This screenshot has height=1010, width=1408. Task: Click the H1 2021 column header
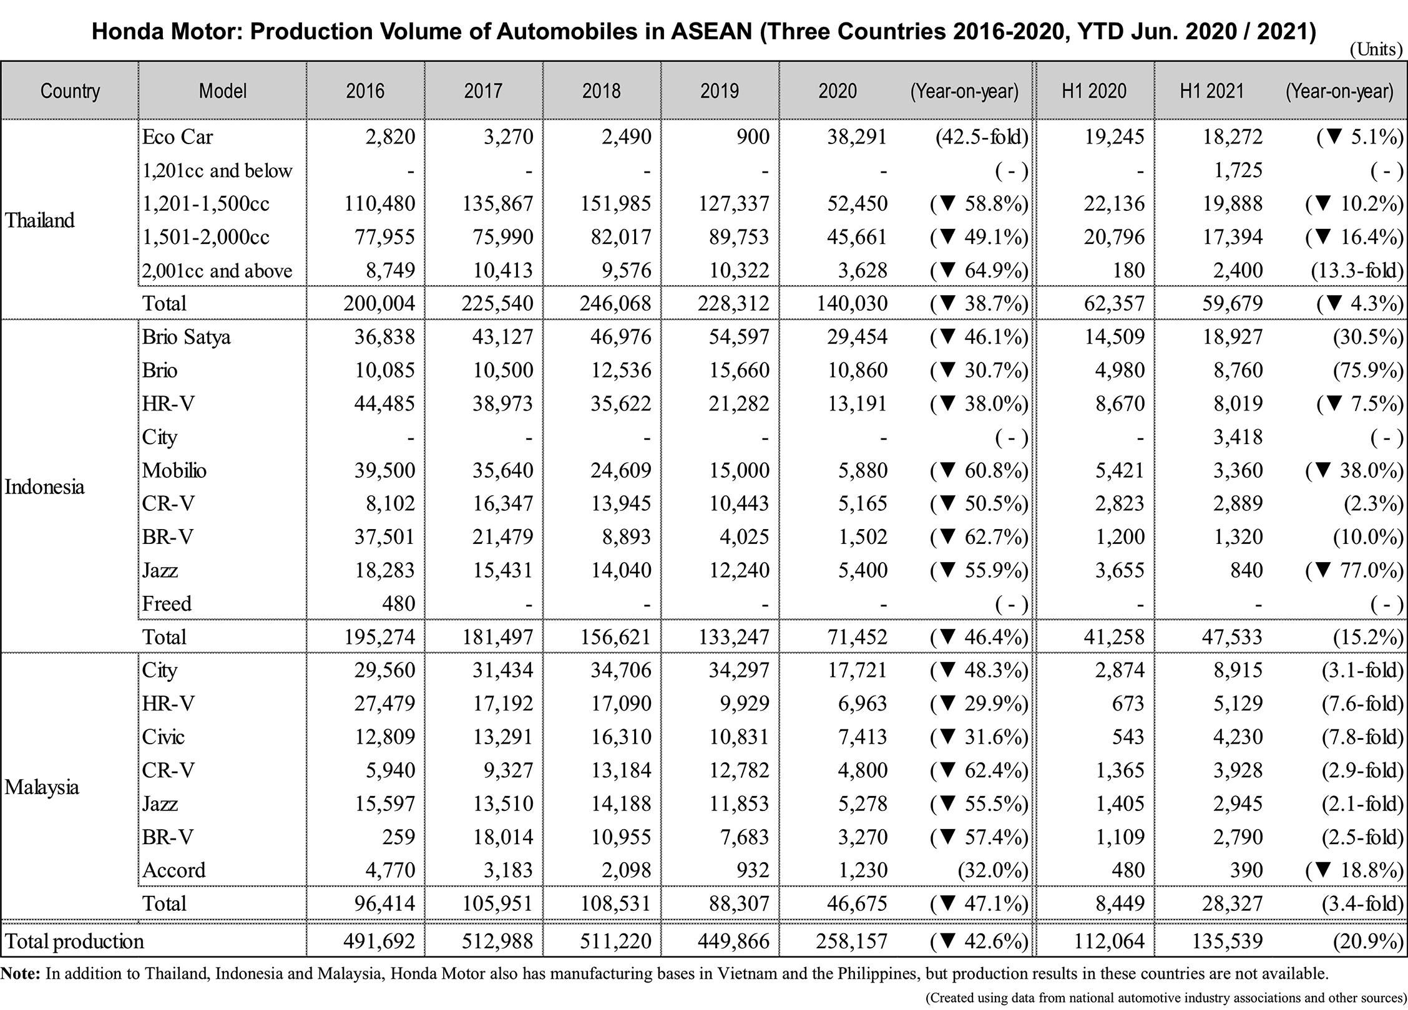[1211, 91]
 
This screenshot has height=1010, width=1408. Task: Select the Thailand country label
[39, 220]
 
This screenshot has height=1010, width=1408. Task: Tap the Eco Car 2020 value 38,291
[857, 137]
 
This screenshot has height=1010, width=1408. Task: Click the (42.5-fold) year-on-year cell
[981, 137]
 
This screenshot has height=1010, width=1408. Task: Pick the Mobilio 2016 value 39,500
[384, 470]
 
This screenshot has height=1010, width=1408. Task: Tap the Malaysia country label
[42, 787]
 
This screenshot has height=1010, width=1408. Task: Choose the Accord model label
[174, 870]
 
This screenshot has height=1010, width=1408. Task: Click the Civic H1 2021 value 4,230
[1238, 737]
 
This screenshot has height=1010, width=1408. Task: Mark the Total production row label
[74, 941]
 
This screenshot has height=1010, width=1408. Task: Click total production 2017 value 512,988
[497, 941]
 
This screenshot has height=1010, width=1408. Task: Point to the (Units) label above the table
[1376, 49]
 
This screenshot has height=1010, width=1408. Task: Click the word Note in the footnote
[20, 974]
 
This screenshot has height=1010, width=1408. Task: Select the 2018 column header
[601, 91]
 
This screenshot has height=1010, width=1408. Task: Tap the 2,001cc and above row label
[217, 271]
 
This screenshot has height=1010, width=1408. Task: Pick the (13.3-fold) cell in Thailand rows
[1357, 270]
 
